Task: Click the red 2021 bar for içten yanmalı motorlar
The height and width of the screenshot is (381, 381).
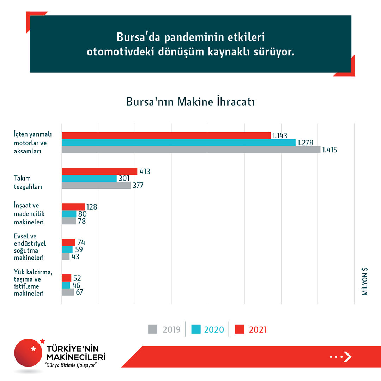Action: click(166, 135)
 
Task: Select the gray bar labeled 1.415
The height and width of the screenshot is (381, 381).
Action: click(190, 150)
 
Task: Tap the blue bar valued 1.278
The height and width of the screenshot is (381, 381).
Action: click(178, 143)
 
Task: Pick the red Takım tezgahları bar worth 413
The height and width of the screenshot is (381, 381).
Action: click(99, 171)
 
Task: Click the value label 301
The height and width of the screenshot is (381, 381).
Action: click(124, 179)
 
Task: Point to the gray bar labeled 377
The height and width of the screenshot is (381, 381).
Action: click(96, 186)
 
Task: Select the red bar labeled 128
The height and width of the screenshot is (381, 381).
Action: click(73, 207)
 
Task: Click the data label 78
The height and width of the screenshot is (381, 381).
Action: click(82, 221)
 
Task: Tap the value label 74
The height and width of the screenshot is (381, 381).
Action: click(81, 243)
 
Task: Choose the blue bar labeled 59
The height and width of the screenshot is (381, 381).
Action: click(67, 249)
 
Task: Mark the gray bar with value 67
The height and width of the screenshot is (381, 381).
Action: click(68, 292)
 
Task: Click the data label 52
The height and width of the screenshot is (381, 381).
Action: click(77, 278)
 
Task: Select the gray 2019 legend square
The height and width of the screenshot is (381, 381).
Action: click(152, 329)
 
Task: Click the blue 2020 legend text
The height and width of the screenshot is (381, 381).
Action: click(214, 329)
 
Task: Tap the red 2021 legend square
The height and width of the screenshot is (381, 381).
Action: click(240, 329)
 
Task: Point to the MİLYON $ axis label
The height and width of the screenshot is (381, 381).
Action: click(365, 281)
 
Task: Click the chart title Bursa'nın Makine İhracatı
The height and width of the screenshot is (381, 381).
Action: click(190, 102)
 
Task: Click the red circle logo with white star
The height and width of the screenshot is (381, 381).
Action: click(30, 354)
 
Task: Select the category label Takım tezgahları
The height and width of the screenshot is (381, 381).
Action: click(28, 182)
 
